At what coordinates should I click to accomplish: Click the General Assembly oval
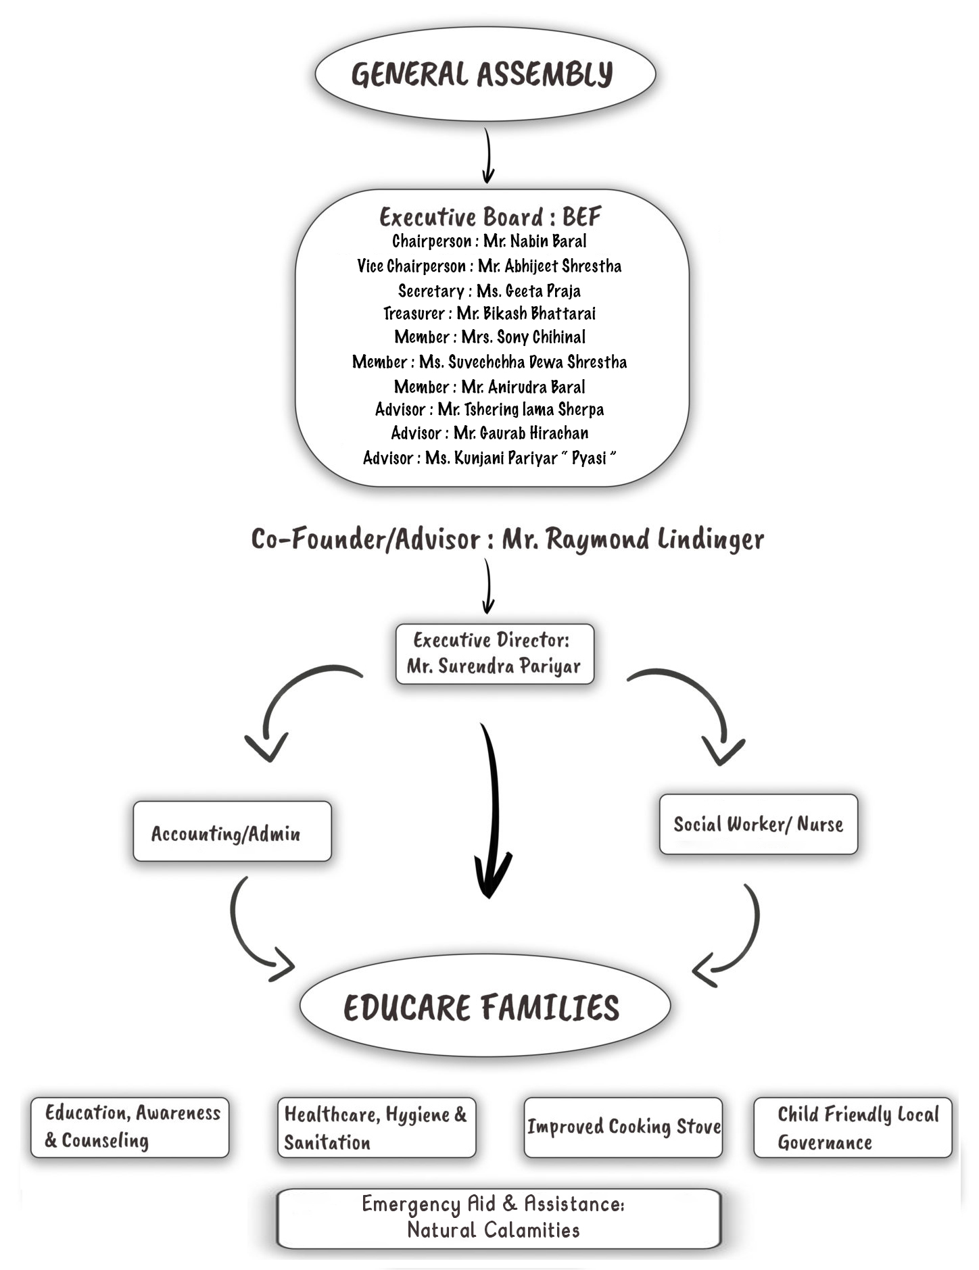(x=485, y=74)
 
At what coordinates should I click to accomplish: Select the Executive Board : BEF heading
(x=490, y=217)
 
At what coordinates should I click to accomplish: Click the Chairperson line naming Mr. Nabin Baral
(x=489, y=241)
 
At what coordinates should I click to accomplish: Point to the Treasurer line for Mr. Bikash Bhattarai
(x=489, y=314)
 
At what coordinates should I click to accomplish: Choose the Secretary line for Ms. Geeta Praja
(x=489, y=291)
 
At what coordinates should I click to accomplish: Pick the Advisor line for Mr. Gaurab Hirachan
(x=489, y=433)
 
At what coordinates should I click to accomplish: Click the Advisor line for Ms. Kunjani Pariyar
(x=489, y=458)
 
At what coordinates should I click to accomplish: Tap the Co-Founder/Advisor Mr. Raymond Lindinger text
(x=507, y=539)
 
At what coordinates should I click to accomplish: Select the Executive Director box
(x=494, y=654)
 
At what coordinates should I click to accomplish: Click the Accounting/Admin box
(x=232, y=831)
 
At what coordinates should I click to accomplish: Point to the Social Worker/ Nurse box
(x=758, y=824)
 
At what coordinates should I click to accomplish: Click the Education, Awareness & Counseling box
(x=130, y=1127)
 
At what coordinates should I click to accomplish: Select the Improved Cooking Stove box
(x=623, y=1127)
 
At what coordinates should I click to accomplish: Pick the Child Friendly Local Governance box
(x=853, y=1127)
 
